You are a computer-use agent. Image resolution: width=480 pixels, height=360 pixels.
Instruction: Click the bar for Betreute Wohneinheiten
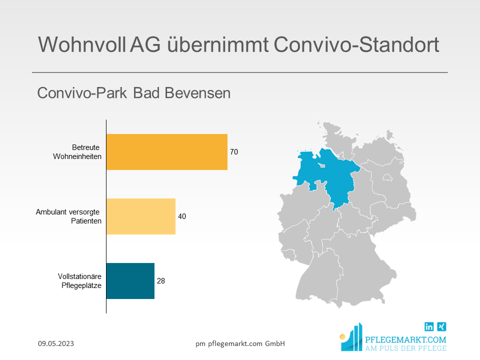pos(167,152)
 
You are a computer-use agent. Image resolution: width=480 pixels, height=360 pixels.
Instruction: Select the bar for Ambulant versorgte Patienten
pos(141,216)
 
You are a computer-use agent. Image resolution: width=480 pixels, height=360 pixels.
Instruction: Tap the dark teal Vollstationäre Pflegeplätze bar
pos(130,281)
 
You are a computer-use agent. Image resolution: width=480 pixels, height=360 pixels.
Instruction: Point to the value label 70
pos(234,152)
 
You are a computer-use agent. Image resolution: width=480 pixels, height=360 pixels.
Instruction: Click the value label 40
pos(182,216)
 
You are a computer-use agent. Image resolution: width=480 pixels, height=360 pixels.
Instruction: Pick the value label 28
pos(160,281)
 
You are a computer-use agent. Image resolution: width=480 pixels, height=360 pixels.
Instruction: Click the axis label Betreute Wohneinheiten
pos(77,152)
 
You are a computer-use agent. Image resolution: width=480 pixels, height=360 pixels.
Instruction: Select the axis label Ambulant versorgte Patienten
pos(68,216)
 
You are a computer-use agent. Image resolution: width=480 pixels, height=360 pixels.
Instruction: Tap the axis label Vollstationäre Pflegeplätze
pos(79,281)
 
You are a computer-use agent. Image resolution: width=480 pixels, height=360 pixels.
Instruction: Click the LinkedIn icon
pos(429,326)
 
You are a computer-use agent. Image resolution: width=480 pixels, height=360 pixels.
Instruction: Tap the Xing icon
pos(441,326)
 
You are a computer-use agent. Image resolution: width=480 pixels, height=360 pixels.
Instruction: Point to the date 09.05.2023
pos(56,343)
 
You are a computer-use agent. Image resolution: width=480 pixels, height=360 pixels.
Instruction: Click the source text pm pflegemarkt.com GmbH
pos(240,343)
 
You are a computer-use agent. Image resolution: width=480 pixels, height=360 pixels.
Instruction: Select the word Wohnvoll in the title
pos(81,44)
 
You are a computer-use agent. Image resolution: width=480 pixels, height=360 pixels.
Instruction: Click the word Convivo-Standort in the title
pos(356,44)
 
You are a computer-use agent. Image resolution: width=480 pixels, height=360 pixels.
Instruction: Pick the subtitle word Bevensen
pos(197,93)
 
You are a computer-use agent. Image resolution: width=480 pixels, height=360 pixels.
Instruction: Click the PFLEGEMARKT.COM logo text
pos(405,340)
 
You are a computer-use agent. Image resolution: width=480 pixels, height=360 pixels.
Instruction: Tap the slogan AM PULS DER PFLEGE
pos(405,348)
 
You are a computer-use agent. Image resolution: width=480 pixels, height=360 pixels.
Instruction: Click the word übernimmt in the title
pos(218,44)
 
